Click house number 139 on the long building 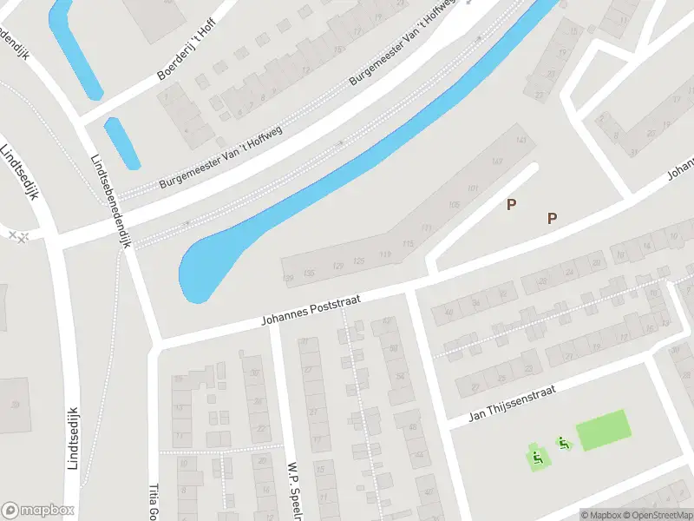(x=289, y=278)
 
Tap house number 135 (x=309, y=273)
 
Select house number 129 (x=337, y=264)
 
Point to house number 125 (x=359, y=260)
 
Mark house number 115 (x=408, y=244)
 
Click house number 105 (x=455, y=205)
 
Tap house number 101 (x=473, y=188)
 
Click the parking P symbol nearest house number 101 (x=511, y=205)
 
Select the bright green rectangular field (x=603, y=430)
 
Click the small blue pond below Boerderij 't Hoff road (x=122, y=143)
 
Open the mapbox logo (x=38, y=510)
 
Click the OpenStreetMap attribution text (x=657, y=515)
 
